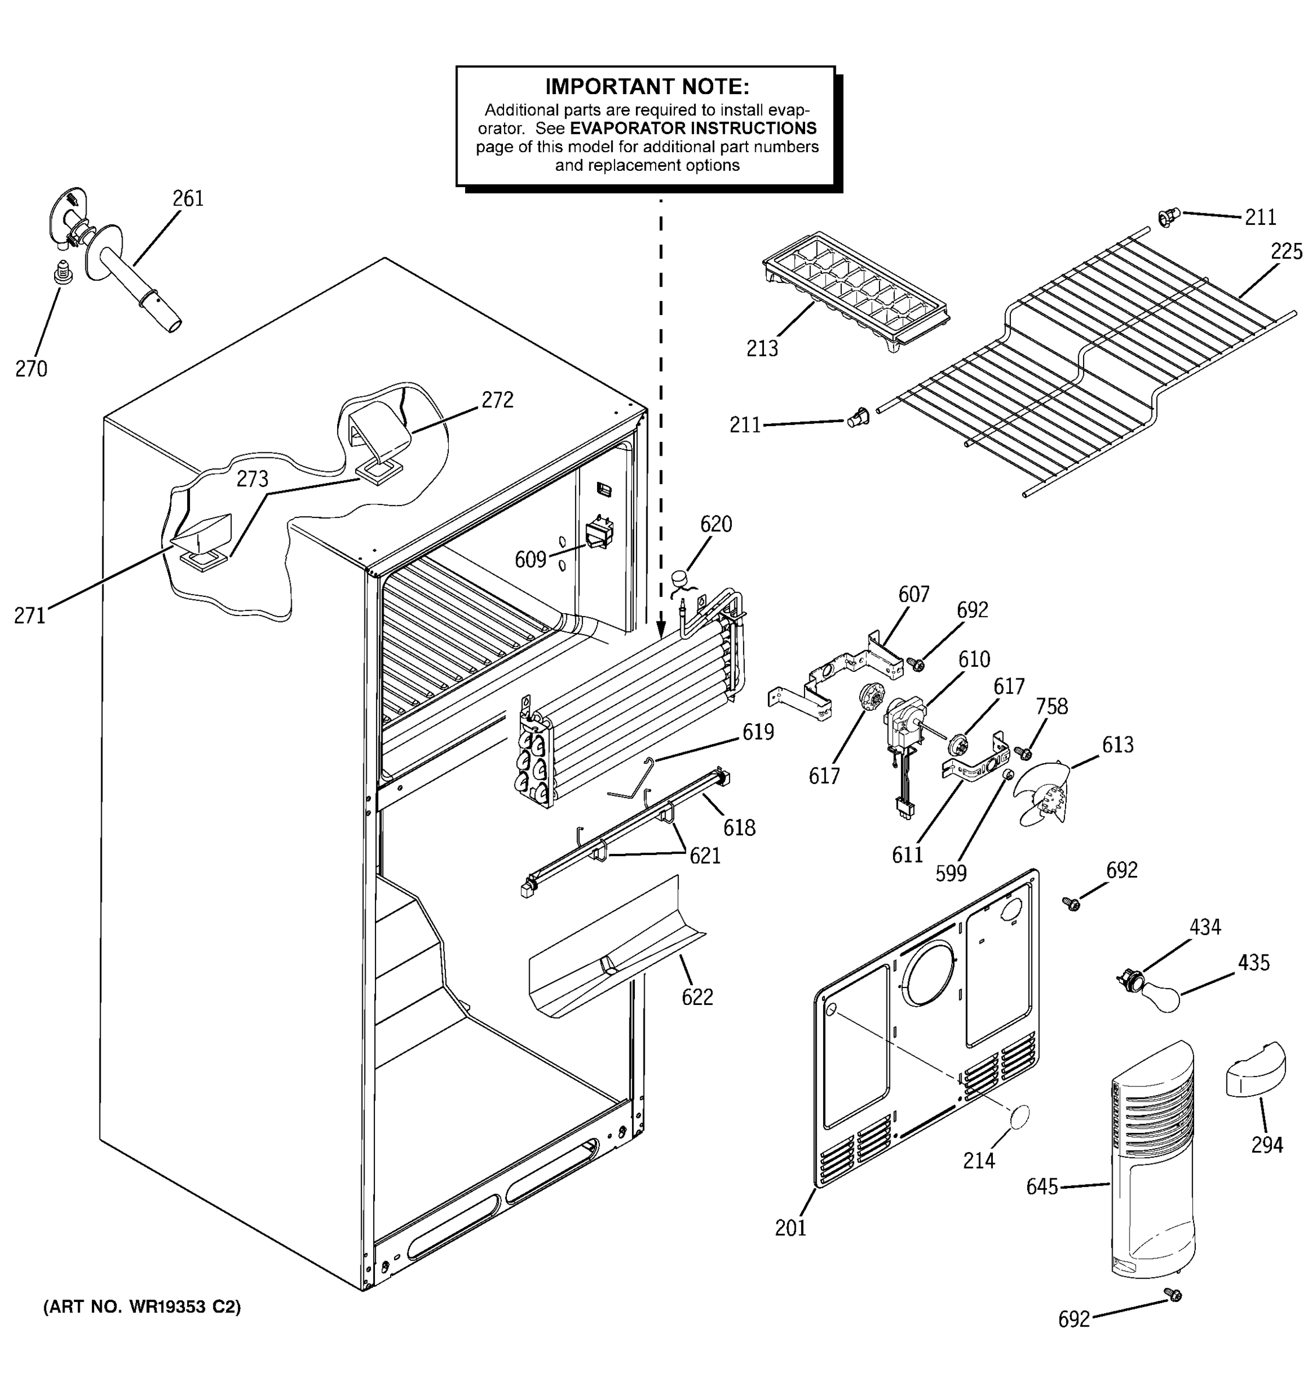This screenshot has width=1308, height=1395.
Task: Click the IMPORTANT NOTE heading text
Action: tap(646, 87)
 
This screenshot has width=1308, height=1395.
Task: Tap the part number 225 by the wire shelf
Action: tap(1285, 251)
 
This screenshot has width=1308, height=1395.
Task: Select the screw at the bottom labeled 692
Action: tap(1171, 1294)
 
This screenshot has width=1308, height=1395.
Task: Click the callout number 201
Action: tap(790, 1228)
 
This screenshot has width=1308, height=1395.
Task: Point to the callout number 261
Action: tap(187, 199)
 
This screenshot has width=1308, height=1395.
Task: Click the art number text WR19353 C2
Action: tap(142, 1307)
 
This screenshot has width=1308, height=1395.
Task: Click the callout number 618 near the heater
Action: tap(739, 828)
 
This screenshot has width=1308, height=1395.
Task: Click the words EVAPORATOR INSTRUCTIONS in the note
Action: tap(692, 128)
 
